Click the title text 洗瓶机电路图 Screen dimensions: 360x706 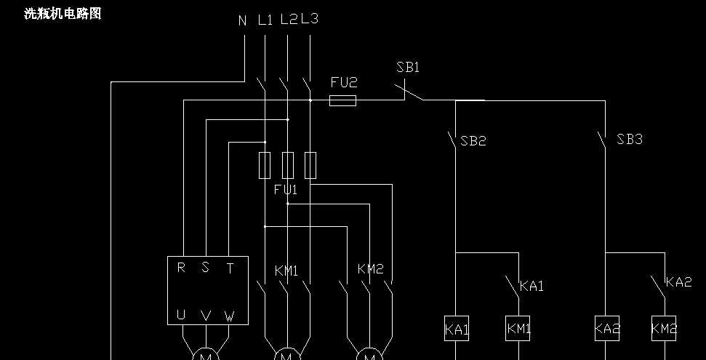tap(63, 14)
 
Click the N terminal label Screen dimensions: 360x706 tap(243, 20)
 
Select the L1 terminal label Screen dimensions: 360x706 tap(265, 20)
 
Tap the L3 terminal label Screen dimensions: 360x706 tap(310, 19)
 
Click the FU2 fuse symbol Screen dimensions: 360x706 tap(342, 100)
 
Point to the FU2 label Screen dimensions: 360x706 tap(344, 83)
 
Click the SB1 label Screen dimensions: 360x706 tap(408, 68)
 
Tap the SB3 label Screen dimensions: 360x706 tap(630, 140)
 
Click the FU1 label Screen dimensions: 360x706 tap(285, 190)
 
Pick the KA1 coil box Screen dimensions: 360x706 tap(457, 329)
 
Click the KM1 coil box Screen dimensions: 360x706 tap(518, 329)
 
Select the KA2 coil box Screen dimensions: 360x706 tap(607, 329)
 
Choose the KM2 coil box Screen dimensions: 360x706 tap(664, 329)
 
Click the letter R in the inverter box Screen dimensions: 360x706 tap(181, 268)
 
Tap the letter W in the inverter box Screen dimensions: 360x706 tap(229, 316)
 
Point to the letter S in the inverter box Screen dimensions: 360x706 tap(205, 268)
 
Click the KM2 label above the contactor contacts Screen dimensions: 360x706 tap(370, 270)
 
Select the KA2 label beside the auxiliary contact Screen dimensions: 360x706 tap(679, 282)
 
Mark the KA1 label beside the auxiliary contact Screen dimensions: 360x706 tap(531, 287)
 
